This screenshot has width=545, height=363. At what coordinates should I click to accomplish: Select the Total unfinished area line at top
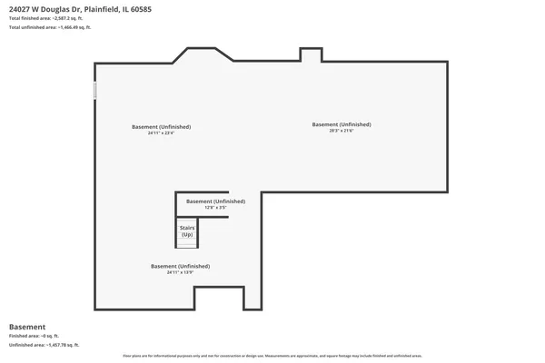coord(50,27)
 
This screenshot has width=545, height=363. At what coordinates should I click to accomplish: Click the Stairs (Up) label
coord(187,231)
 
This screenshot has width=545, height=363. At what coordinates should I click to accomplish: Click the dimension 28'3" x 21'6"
coord(341,130)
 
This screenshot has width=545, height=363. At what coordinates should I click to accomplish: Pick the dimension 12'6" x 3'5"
coord(215,208)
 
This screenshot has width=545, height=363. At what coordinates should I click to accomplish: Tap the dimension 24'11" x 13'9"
coord(180,272)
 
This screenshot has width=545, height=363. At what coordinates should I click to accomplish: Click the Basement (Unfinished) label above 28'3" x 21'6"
coord(341,123)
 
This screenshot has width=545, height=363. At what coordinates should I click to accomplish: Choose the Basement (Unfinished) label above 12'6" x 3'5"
coord(215,201)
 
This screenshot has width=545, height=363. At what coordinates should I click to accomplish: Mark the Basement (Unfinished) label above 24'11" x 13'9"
coord(180,266)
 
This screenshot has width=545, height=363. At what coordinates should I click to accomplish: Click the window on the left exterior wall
coord(94,91)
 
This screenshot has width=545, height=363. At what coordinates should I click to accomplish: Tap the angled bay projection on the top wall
coord(203,54)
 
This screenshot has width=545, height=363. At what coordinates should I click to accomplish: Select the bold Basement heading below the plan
coord(27,327)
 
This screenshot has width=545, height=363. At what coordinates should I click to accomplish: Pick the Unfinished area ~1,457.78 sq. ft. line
coord(44,346)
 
